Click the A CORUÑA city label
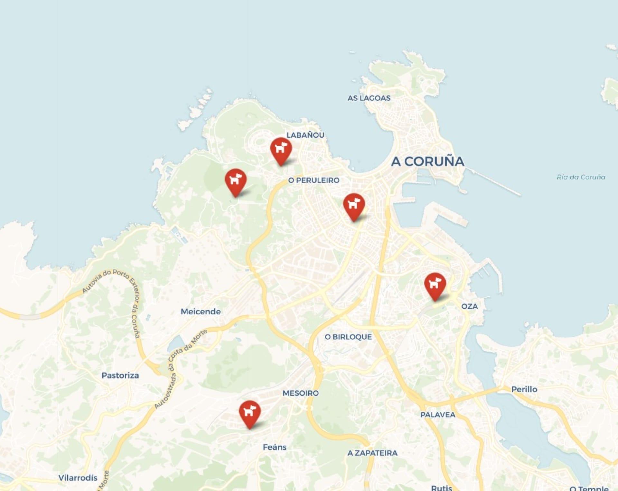(427, 161)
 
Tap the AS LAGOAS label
(369, 98)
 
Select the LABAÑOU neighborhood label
(305, 135)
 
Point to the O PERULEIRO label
(314, 180)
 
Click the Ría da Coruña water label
(581, 177)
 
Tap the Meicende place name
(201, 311)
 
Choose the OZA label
(469, 306)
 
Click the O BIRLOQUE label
(348, 337)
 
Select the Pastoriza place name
(120, 375)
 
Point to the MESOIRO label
(301, 393)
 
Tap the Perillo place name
(524, 389)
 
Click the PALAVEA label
(438, 415)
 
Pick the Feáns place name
(275, 447)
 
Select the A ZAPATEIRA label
(372, 453)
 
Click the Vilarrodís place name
(78, 478)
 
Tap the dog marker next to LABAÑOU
(281, 149)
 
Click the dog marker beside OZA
(435, 284)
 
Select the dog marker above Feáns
(249, 412)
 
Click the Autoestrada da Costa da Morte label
(180, 366)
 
